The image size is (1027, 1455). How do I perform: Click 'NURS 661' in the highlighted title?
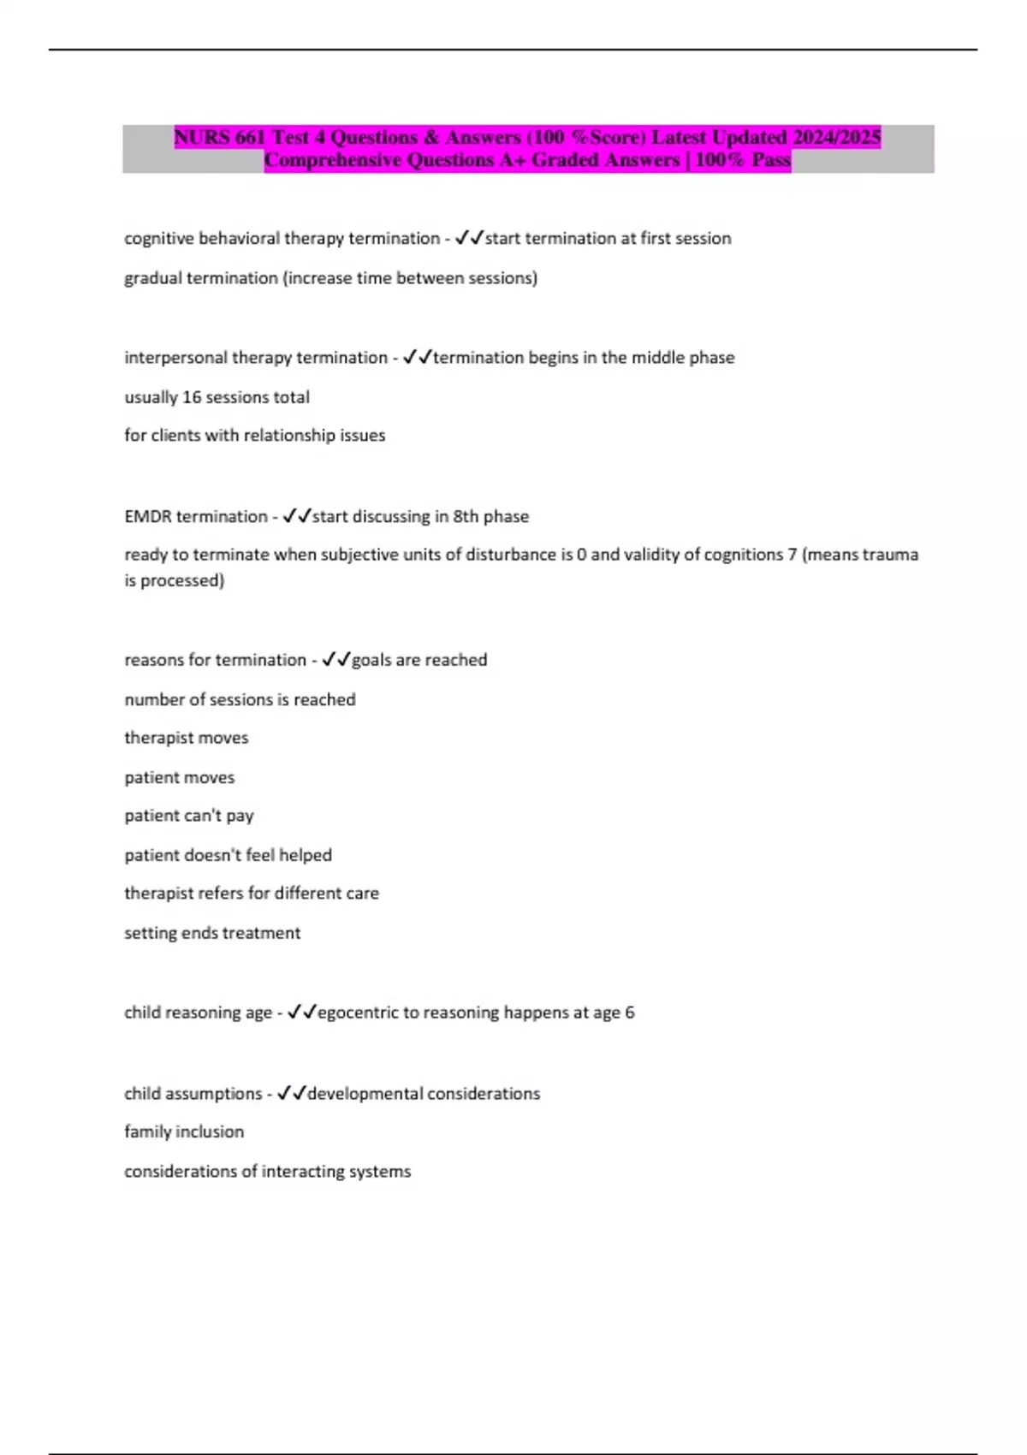pos(220,137)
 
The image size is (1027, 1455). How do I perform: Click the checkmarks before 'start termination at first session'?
pos(469,238)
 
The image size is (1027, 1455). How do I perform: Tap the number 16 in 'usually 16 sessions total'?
pos(193,397)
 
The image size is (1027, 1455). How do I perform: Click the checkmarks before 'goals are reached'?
pos(336,660)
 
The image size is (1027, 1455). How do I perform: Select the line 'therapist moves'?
pos(187,738)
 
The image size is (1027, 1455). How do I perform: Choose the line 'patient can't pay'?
pos(189,816)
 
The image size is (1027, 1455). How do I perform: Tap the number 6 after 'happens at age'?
pos(630,1013)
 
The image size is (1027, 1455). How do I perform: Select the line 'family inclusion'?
pos(184,1132)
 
